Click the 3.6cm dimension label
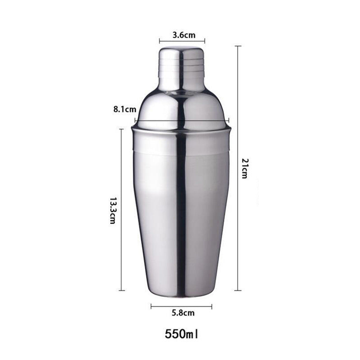coord(182,34)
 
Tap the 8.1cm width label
coord(125,109)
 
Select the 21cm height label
coord(244,168)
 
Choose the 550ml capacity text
coord(182,334)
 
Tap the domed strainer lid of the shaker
coord(182,108)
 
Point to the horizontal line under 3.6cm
coord(182,40)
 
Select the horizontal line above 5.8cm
coord(181,306)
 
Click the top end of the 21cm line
coord(238,46)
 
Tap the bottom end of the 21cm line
coord(238,290)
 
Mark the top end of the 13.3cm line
coord(121,129)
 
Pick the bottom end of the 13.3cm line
coord(121,290)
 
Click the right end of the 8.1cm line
coord(229,120)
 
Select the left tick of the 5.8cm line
coord(151,306)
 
